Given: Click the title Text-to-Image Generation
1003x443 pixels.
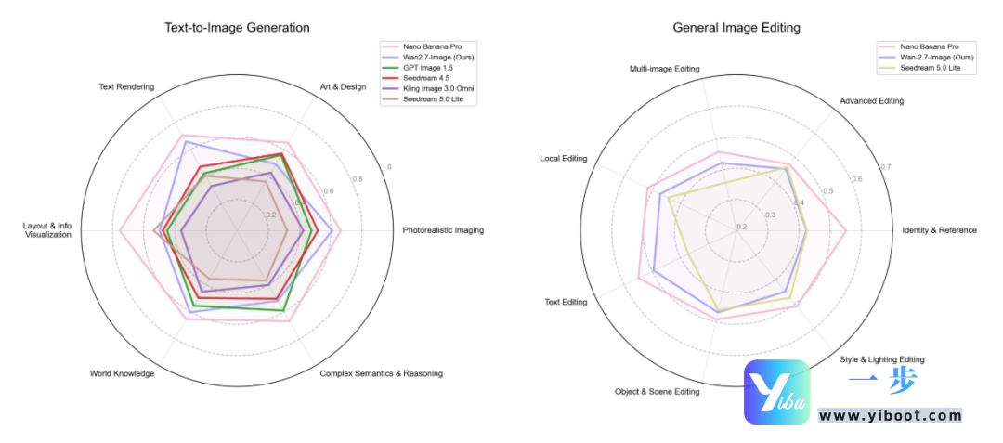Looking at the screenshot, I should click(x=237, y=28).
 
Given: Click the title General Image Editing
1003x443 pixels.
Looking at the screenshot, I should click(x=736, y=28).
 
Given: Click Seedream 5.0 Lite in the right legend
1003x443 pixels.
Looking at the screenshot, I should click(x=930, y=68).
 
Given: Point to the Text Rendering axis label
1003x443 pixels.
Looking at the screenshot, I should click(x=126, y=87).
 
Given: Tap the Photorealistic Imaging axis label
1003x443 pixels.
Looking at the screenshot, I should click(x=443, y=230).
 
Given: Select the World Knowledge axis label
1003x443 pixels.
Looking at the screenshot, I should click(x=122, y=374).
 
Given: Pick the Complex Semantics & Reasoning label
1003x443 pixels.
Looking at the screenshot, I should click(x=381, y=374).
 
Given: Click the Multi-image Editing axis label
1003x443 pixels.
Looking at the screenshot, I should click(x=664, y=70).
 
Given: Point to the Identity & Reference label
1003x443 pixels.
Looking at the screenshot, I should click(x=939, y=230).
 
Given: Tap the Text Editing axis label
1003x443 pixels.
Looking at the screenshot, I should click(x=566, y=302).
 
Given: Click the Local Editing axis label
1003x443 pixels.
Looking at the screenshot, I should click(x=564, y=159).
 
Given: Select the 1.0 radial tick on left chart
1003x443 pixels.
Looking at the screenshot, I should click(x=387, y=167).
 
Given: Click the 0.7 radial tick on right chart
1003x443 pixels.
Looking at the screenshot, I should click(x=886, y=167).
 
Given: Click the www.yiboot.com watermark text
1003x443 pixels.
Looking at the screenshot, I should click(x=890, y=415).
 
